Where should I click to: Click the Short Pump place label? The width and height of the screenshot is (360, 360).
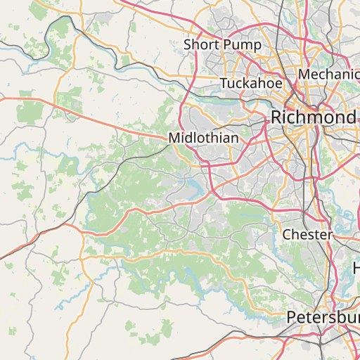(x=222, y=45)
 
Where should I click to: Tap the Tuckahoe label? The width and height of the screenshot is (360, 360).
(x=251, y=84)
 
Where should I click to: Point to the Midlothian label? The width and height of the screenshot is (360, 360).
(x=203, y=139)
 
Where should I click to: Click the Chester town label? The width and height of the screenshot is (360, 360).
(x=307, y=234)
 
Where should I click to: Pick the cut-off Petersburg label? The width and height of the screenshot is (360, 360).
(x=323, y=318)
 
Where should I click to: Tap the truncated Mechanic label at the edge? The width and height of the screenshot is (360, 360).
(x=329, y=75)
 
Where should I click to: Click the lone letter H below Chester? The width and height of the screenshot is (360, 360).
(x=356, y=268)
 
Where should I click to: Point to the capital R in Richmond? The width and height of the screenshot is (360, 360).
(x=278, y=117)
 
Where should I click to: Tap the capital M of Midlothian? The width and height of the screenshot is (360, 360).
(x=174, y=139)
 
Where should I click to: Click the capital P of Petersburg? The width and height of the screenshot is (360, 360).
(x=292, y=318)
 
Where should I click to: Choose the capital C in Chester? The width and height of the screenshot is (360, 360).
(x=287, y=234)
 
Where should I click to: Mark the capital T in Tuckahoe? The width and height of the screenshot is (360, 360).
(x=224, y=84)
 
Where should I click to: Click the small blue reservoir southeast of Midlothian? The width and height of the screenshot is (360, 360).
(x=193, y=186)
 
